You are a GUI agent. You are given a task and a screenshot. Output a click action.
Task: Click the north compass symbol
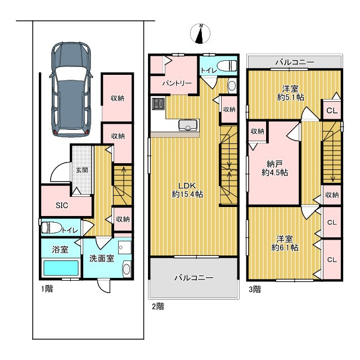pyautogui.click(x=200, y=34)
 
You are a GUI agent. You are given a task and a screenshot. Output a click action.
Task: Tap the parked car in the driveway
pyautogui.click(x=71, y=89)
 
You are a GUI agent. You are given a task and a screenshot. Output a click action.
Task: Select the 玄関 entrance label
pyautogui.click(x=82, y=170)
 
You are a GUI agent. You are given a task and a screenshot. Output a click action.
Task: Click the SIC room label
pyautogui.click(x=62, y=205)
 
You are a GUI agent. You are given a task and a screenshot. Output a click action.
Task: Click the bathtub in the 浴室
pyautogui.click(x=61, y=268)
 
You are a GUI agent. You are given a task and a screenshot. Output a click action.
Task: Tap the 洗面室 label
pyautogui.click(x=102, y=259)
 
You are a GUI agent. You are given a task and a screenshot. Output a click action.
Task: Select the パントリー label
pyautogui.click(x=177, y=83)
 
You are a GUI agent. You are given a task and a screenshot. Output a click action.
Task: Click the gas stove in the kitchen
pyautogui.click(x=158, y=103)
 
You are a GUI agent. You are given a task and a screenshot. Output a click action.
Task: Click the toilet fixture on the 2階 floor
pyautogui.click(x=227, y=66)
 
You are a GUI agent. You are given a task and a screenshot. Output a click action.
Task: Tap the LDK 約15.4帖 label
pyautogui.click(x=187, y=190)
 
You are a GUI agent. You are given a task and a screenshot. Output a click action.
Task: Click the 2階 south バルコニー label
pyautogui.click(x=194, y=278)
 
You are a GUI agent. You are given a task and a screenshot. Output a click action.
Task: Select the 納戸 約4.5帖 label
pyautogui.click(x=274, y=168)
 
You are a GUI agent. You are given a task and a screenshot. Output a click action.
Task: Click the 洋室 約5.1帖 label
pyautogui.click(x=291, y=93)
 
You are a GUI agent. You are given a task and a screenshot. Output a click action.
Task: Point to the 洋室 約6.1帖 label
pyautogui.click(x=285, y=243)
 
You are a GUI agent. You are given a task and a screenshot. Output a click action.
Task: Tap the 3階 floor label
pyautogui.click(x=255, y=289)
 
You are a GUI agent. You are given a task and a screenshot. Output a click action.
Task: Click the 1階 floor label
pyautogui.click(x=47, y=289)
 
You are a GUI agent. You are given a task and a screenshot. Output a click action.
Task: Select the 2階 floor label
pyautogui.click(x=158, y=306)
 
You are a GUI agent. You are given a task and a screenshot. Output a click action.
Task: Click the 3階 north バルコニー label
pyautogui.click(x=295, y=62)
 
